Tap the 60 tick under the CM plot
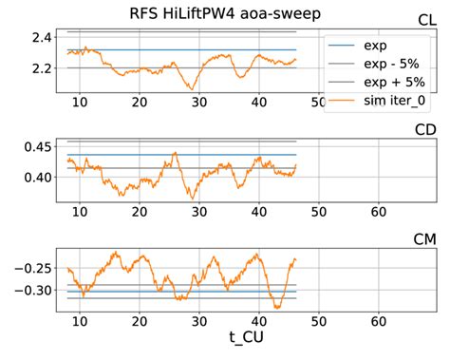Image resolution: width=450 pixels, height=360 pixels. [x=378, y=320]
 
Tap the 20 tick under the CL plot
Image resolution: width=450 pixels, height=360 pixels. [x=141, y=102]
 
